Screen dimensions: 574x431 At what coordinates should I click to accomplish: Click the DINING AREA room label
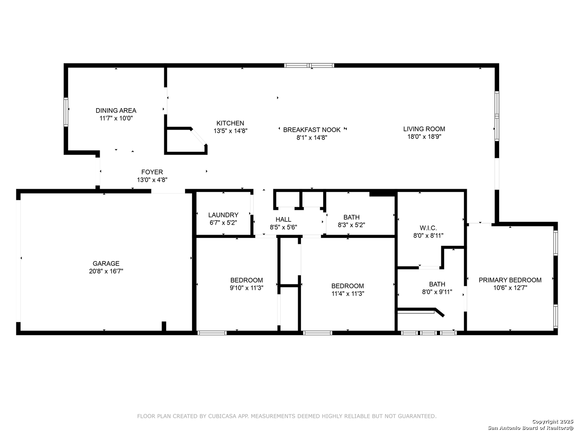[x=116, y=111]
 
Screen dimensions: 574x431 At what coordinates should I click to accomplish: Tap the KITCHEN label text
[x=230, y=123]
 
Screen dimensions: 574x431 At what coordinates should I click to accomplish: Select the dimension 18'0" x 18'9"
[x=424, y=136]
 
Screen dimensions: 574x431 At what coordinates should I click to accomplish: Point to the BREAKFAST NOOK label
[x=312, y=130]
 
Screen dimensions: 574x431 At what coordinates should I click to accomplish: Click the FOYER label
[x=152, y=172]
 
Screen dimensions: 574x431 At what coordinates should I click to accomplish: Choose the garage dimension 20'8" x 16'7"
[x=106, y=271]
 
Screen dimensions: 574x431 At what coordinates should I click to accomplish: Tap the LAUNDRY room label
[x=223, y=215]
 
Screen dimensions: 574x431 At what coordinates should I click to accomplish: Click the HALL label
[x=283, y=219]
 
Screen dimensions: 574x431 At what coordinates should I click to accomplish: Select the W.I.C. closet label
[x=429, y=228]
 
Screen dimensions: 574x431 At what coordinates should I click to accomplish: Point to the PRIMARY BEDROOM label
[x=510, y=280]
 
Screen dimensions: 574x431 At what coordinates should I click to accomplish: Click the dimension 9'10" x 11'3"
[x=246, y=288]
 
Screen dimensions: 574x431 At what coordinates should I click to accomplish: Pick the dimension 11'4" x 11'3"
[x=348, y=294]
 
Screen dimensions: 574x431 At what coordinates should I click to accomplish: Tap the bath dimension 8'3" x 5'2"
[x=351, y=225]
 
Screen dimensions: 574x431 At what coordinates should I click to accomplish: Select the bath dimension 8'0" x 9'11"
[x=437, y=292]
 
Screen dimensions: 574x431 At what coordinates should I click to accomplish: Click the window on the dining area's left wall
[x=66, y=112]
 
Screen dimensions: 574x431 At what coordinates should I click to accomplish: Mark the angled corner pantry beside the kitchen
[x=186, y=140]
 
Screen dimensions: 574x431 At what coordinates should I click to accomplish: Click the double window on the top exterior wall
[x=309, y=65]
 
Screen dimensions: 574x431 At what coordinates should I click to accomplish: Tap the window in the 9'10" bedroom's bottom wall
[x=212, y=333]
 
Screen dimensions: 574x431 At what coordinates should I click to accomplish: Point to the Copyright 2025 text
[x=552, y=421]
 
